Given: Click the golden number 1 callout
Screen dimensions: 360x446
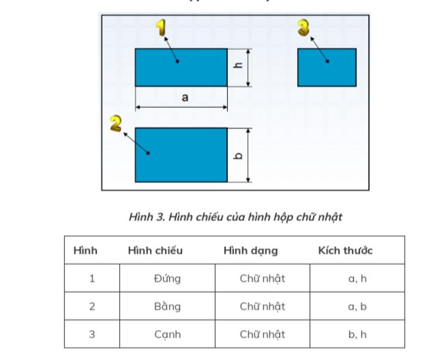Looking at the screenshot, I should tap(161, 28).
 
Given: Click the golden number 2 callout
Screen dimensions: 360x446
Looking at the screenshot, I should tap(115, 124).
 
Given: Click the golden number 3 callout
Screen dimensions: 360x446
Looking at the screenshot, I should tap(303, 28).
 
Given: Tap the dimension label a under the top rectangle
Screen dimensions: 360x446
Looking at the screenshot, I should tap(185, 98).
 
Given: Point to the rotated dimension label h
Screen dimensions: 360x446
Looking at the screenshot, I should tap(238, 66).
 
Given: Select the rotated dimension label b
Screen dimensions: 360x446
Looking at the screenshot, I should tap(238, 155).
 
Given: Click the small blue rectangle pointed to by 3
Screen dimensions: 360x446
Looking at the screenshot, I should tap(327, 67).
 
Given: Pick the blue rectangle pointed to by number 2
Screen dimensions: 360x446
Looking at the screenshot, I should tap(181, 155).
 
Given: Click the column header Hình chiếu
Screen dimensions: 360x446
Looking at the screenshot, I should tap(155, 251).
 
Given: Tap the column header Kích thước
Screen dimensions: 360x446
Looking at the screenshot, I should tap(345, 251).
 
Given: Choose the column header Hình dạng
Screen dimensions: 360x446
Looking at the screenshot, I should tap(250, 251).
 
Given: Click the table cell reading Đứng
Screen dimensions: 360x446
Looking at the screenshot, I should tap(167, 279).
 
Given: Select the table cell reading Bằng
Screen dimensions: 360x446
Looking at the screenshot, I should tap(167, 306).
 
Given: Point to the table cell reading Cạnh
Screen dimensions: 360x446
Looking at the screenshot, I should tap(167, 335).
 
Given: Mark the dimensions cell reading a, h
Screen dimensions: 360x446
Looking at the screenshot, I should tap(357, 279).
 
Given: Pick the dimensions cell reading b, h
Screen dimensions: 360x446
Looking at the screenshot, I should tap(357, 335).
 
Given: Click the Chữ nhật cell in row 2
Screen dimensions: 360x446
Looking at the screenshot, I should tap(262, 306).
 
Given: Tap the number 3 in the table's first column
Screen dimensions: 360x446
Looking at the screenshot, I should tap(92, 335).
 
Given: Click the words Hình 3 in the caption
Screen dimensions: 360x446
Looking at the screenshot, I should tap(146, 217).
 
